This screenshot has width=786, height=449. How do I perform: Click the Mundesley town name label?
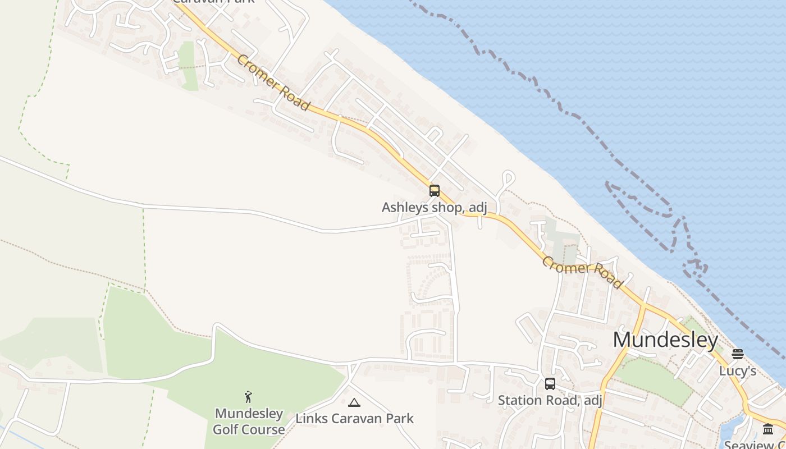tap(665, 340)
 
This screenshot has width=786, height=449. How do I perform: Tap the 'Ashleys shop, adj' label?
tap(434, 208)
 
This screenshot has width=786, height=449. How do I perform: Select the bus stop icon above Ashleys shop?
tap(434, 191)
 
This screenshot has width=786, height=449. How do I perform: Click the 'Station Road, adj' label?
tap(550, 400)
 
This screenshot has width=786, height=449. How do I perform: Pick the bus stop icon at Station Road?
tap(550, 384)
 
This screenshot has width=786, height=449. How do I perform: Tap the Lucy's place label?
tap(738, 371)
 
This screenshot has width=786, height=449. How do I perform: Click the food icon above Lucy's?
tap(738, 354)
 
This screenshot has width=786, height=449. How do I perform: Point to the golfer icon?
tap(248, 397)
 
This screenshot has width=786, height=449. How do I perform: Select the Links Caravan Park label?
tap(354, 419)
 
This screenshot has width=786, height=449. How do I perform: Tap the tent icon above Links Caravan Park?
tap(354, 402)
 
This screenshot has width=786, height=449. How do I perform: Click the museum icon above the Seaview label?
tap(768, 430)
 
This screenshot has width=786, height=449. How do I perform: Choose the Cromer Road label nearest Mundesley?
tap(583, 273)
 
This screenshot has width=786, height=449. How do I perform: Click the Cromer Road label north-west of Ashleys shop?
tap(273, 83)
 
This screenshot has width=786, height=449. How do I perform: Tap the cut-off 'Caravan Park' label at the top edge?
tap(213, 2)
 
